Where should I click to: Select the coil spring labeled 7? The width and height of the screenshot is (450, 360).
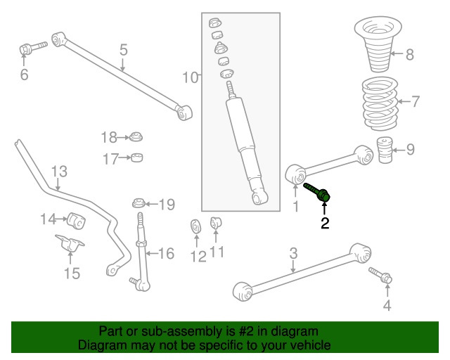378,104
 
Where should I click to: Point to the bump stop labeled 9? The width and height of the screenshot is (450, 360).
384,152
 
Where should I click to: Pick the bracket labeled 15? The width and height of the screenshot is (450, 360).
70,249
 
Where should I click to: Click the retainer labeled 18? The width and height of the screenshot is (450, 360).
137,136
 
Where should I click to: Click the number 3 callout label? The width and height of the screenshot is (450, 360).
294,253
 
